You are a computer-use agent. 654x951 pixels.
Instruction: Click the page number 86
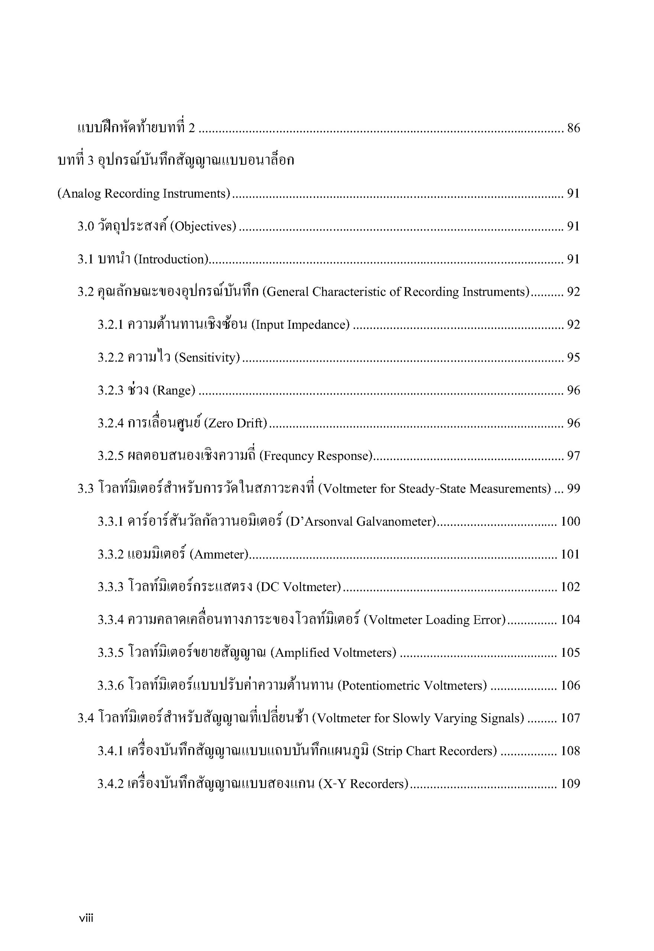click(573, 128)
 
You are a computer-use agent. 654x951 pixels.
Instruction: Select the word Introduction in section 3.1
click(172, 259)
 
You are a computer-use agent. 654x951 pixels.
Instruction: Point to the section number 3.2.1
click(110, 325)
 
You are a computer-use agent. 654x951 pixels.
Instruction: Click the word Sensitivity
click(207, 357)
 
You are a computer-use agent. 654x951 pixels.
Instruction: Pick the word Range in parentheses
click(174, 390)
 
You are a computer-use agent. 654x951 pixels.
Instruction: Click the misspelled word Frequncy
click(288, 456)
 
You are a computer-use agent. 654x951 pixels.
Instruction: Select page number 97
click(573, 456)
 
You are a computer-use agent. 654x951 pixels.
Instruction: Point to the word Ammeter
click(220, 555)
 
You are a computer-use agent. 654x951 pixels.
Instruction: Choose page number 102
click(570, 587)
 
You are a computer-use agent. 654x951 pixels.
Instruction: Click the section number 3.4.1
click(110, 751)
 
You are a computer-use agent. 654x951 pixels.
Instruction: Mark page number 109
click(570, 784)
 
